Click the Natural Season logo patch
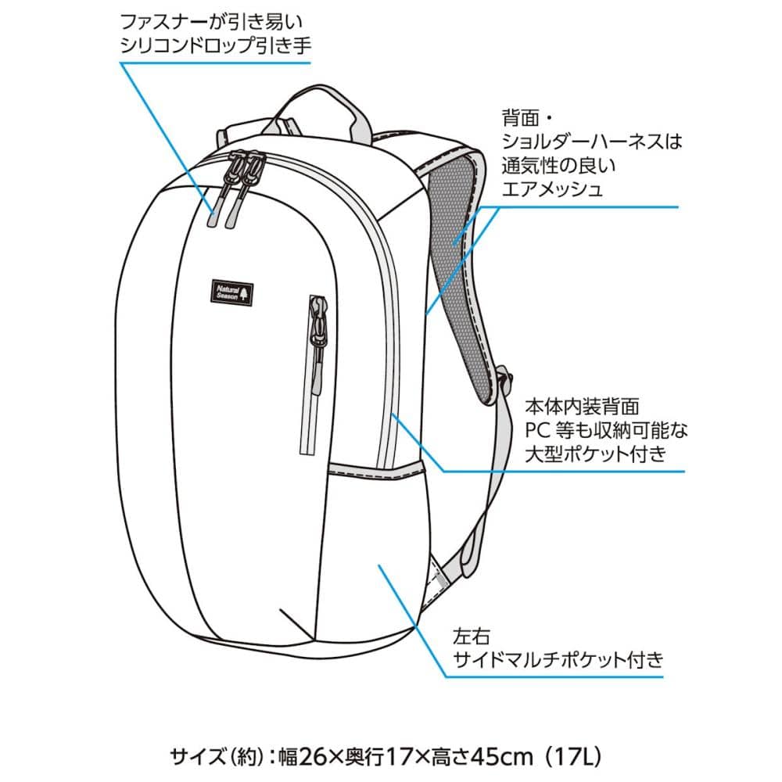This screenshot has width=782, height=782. point(232,290)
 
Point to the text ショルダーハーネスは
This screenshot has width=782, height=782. point(592,142)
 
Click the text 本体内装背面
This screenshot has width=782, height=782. point(583,407)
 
